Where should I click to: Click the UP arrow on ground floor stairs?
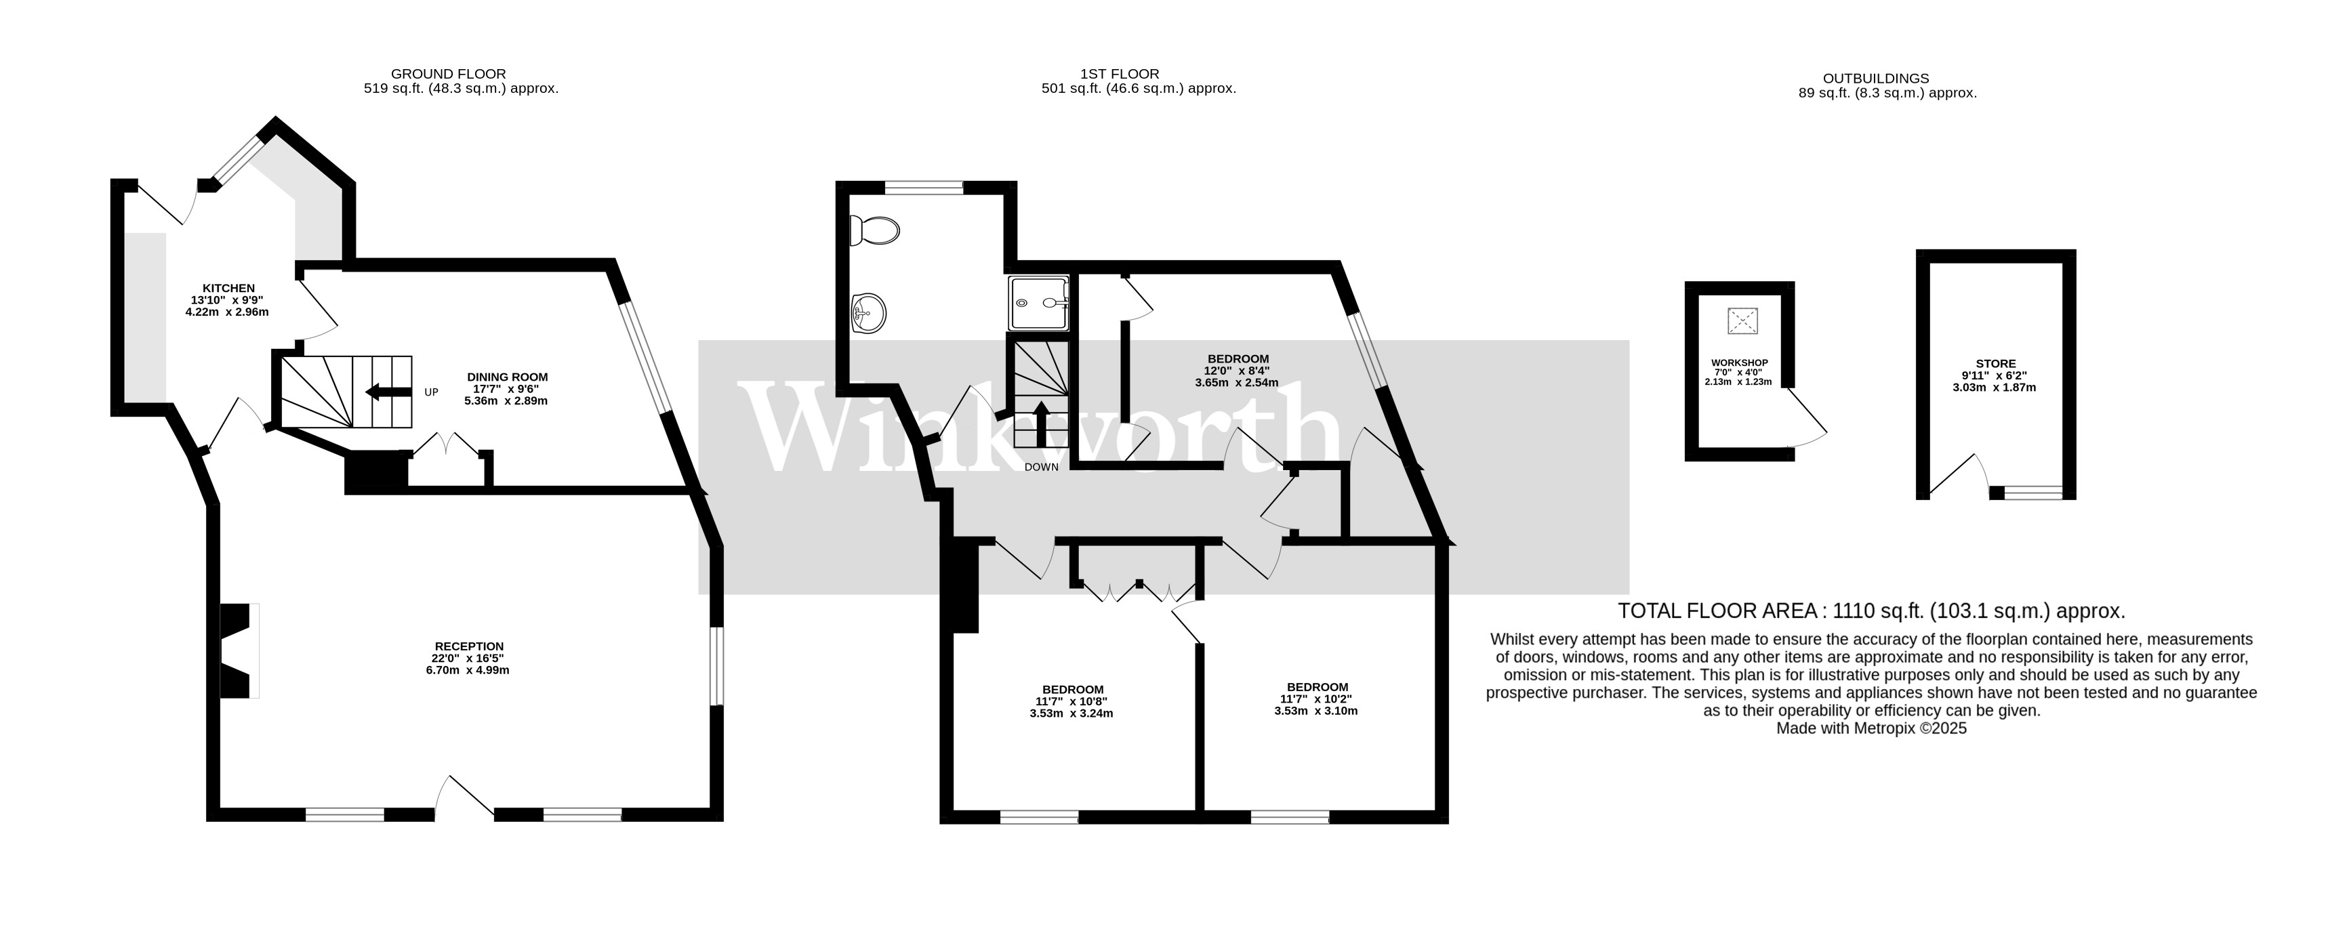tap(385, 391)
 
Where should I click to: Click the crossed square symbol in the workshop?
tap(1742, 320)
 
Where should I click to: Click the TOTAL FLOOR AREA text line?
tap(1871, 610)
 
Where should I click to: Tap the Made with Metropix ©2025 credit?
tap(1871, 728)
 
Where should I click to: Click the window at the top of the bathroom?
tap(924, 188)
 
